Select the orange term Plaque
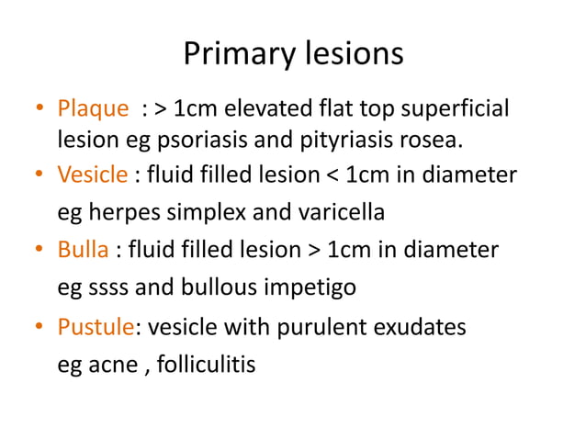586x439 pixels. point(94,110)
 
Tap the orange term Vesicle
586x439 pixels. point(93,174)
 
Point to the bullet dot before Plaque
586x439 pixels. point(40,111)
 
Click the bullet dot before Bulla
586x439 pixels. point(40,251)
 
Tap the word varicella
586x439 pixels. point(336,213)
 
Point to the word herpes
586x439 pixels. point(119,213)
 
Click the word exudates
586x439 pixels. point(419,327)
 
